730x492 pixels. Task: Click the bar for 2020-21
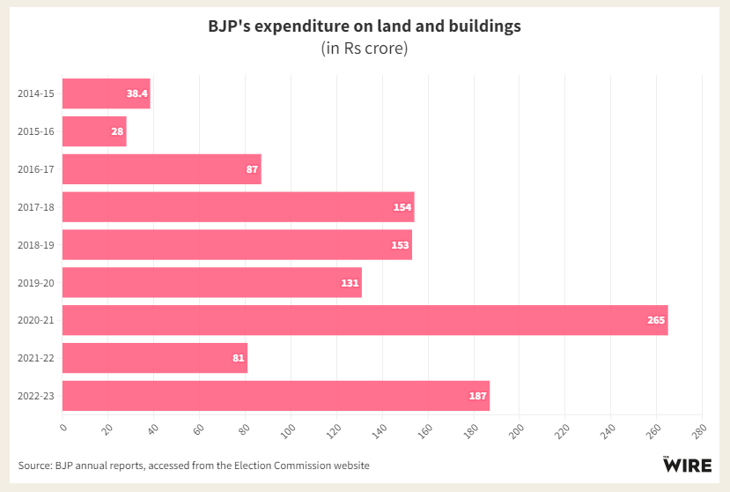[x=365, y=320]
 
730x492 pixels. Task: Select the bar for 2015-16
[x=94, y=131]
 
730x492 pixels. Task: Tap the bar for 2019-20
[x=211, y=282]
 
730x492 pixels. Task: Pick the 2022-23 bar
[x=276, y=396]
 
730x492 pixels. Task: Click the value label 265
[x=656, y=320]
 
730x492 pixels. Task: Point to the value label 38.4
[x=137, y=93]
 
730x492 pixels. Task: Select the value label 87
[x=252, y=169]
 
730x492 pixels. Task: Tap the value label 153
[x=401, y=245]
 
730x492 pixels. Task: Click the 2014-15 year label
[x=35, y=93]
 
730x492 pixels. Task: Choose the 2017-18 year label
[x=35, y=207]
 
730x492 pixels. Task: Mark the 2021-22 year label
[x=35, y=358]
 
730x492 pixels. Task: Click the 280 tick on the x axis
[x=697, y=429]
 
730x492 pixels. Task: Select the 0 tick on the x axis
[x=64, y=427]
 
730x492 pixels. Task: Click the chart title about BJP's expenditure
[x=365, y=26]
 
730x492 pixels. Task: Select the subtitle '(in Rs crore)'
[x=365, y=48]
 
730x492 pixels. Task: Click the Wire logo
[x=687, y=464]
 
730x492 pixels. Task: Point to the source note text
[x=194, y=465]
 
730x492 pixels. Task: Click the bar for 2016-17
[x=162, y=169]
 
